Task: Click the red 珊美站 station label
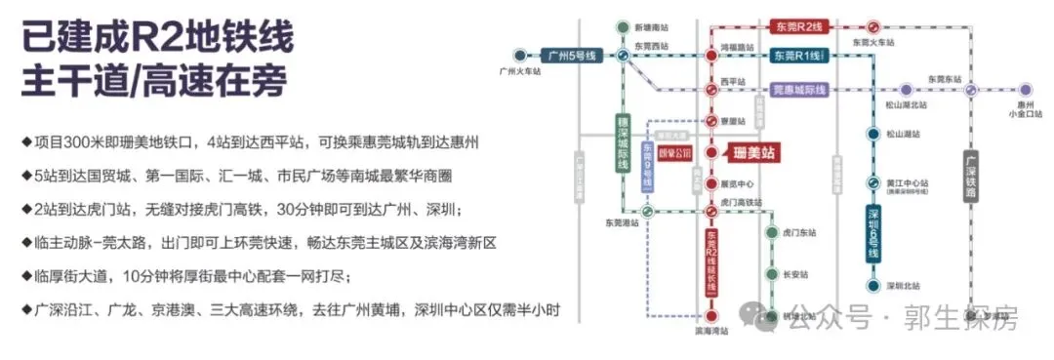coord(758,153)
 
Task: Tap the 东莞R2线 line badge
coord(799,27)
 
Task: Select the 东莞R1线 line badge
coord(799,56)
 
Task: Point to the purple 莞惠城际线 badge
coord(798,90)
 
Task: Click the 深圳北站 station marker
coord(872,286)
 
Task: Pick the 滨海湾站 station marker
coord(711,317)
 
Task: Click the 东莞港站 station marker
coord(645,211)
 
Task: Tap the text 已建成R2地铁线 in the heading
coord(156,37)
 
